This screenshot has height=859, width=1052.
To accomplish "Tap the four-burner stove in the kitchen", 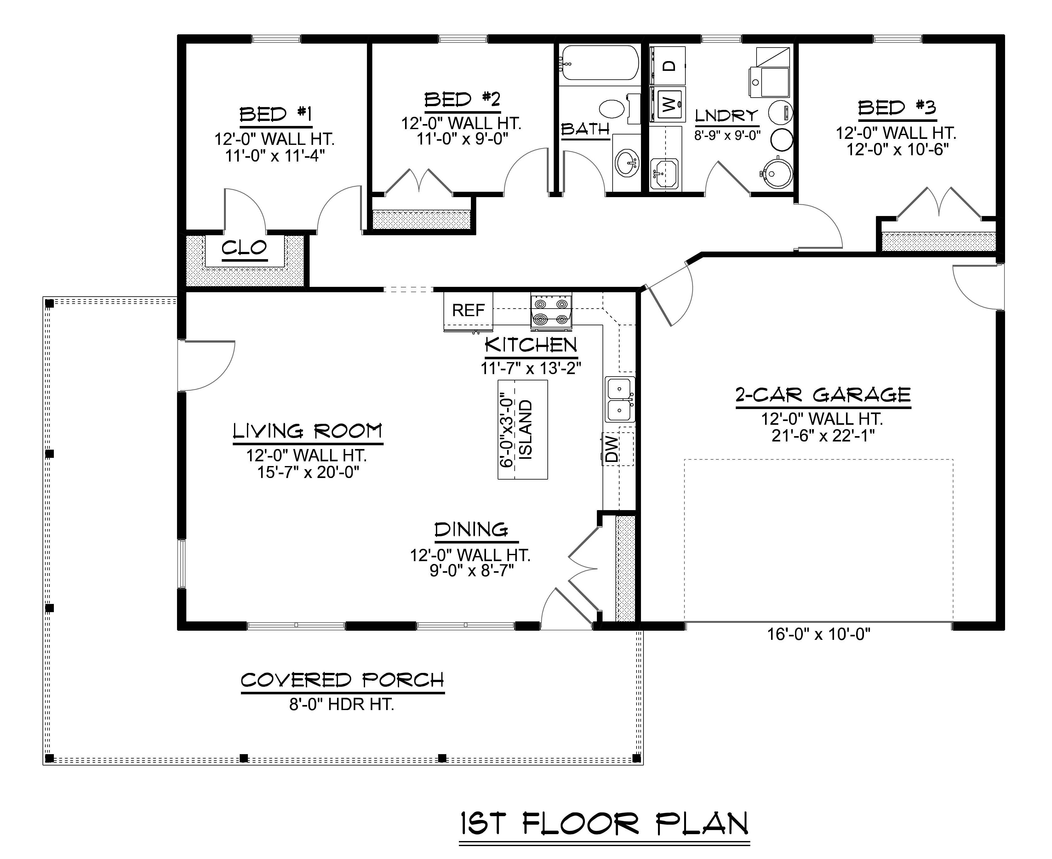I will pos(551,311).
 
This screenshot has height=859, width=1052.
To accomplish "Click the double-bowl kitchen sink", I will pos(619,399).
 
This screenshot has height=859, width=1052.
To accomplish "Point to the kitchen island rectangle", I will pos(523,429).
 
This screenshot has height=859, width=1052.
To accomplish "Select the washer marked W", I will pos(667,105).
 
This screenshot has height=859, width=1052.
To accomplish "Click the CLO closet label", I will pos(244,247).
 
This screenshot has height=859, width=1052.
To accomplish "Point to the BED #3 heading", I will pos(897,107).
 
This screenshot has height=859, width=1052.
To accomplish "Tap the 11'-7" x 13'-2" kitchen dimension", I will pos(530,368).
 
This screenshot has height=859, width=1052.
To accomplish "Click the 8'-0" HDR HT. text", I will pos(341,704).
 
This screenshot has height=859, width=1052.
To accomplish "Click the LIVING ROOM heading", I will pos(307,431).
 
